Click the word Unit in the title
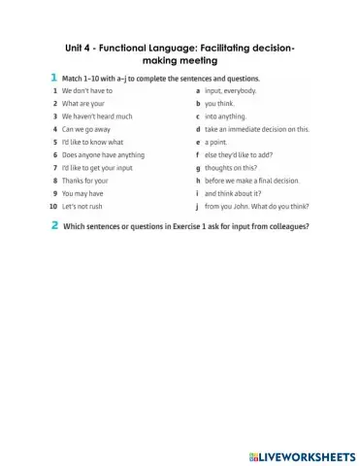click(77, 45)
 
